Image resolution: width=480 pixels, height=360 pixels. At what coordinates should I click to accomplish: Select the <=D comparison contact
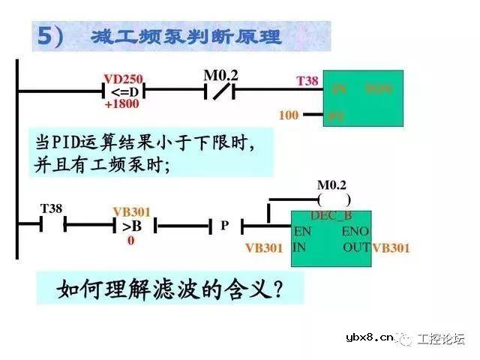[x=121, y=91]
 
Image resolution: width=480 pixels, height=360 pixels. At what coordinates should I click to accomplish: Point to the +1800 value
[x=121, y=104]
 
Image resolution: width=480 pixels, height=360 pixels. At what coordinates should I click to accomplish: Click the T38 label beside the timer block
[x=307, y=79]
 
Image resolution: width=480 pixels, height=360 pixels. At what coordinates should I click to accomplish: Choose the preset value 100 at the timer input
[x=289, y=115]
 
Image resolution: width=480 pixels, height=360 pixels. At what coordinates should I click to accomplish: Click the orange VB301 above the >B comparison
[x=131, y=211]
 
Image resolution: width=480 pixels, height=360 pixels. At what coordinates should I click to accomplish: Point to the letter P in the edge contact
[x=223, y=225]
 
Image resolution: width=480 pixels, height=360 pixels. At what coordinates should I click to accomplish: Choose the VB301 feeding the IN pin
[x=265, y=247]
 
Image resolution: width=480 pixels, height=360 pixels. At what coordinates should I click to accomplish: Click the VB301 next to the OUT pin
[x=391, y=247]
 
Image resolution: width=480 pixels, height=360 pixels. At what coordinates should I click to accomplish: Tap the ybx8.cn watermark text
[x=370, y=338]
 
